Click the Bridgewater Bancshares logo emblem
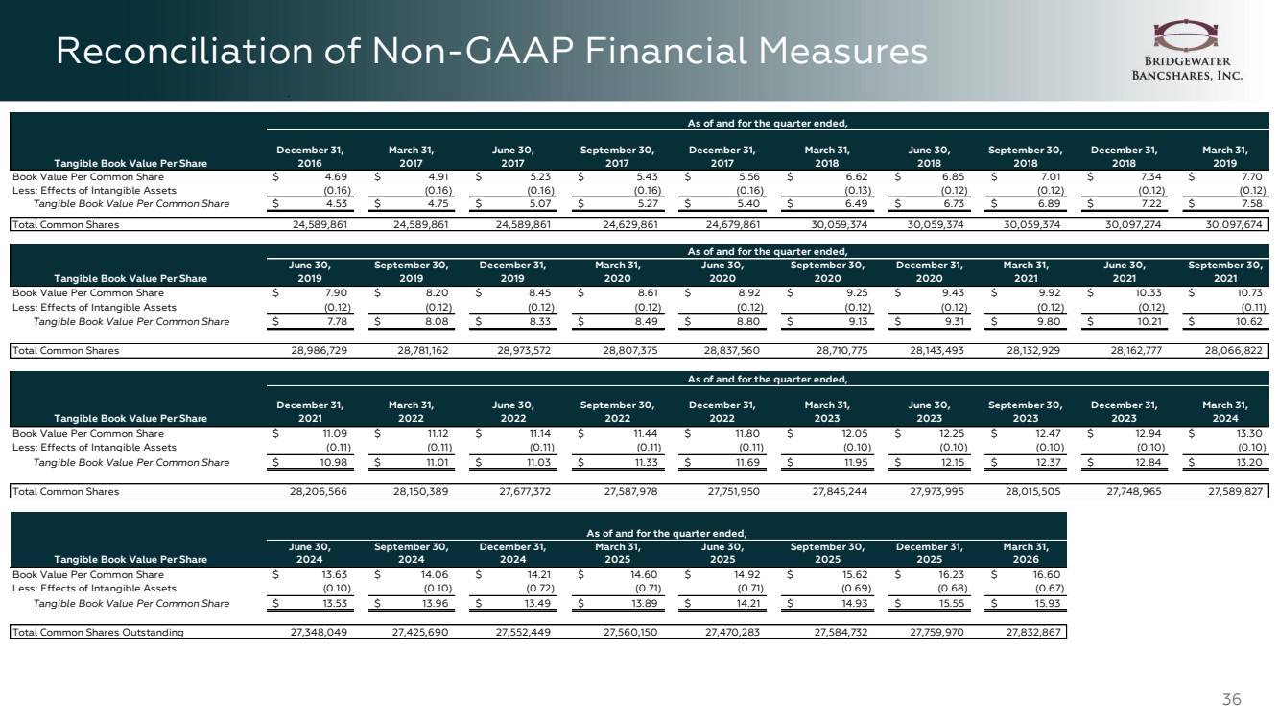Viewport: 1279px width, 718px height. pos(1185,35)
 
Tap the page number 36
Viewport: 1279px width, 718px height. pos(1232,699)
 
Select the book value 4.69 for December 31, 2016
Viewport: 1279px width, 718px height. pos(336,176)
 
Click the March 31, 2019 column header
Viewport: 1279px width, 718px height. pos(1224,156)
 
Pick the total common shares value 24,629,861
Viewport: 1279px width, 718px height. pos(630,224)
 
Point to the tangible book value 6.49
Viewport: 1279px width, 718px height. pos(856,203)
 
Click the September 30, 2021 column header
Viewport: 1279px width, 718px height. pos(1225,271)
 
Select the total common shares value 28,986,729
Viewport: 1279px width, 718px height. pos(320,350)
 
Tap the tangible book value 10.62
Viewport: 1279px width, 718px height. pos(1249,322)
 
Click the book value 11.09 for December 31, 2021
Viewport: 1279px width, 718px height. pos(335,433)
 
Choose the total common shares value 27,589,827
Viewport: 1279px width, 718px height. pos(1235,491)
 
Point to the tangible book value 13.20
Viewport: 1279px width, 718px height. pos(1249,462)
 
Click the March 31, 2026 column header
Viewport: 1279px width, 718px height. pos(1026,553)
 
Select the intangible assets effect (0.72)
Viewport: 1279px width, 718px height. pos(539,589)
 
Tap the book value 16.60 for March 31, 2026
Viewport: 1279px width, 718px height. pos(1048,575)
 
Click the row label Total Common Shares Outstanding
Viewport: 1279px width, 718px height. pos(98,632)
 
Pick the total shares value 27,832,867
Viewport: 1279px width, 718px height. pos(1033,632)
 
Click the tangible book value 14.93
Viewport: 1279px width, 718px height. pos(855,603)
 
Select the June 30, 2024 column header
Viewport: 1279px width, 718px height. pos(310,553)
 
